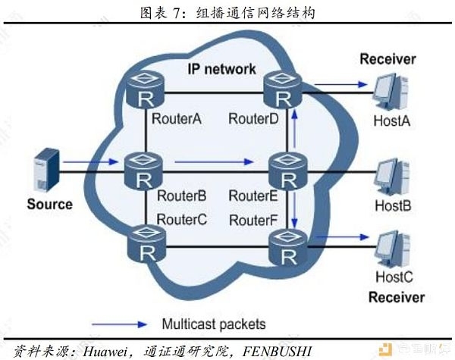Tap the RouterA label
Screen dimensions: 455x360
coord(177,119)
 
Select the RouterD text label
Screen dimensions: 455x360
coord(253,119)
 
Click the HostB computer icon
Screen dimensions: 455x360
coord(393,177)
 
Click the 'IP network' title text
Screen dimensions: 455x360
coord(221,69)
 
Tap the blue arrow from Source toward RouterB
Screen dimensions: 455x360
coord(91,162)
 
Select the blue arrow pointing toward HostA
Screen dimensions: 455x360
coord(341,84)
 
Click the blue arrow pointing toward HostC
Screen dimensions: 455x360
coord(343,237)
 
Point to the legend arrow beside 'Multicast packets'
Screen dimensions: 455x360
coord(120,324)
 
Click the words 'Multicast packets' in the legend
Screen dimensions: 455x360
coord(214,324)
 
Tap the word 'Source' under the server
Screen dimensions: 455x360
coord(49,204)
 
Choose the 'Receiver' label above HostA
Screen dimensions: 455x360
coord(388,59)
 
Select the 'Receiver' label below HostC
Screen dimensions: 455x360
coord(397,298)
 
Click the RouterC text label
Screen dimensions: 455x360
coord(182,220)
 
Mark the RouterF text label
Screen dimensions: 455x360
coord(253,221)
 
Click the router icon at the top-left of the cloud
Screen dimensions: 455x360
coord(146,89)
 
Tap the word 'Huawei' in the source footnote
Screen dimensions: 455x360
coord(105,352)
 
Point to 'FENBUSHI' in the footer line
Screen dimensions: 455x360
coord(277,352)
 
